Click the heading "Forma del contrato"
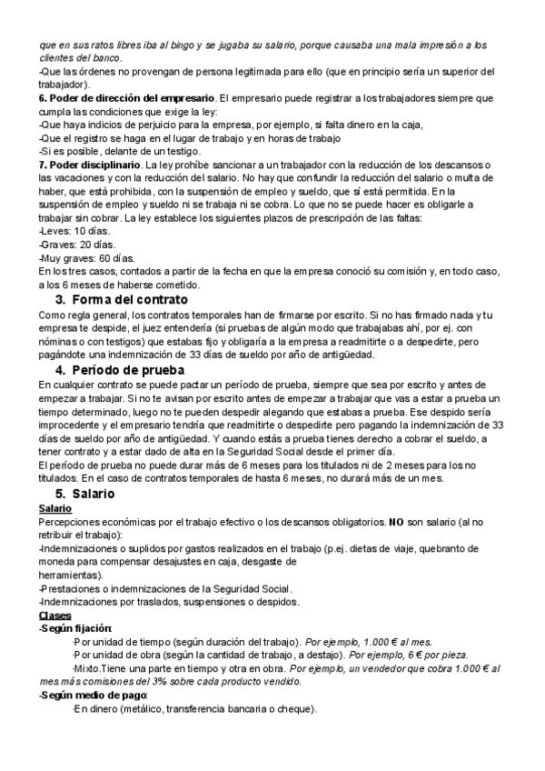click(130, 300)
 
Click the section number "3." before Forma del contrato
click(61, 300)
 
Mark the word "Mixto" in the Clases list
click(86, 667)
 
